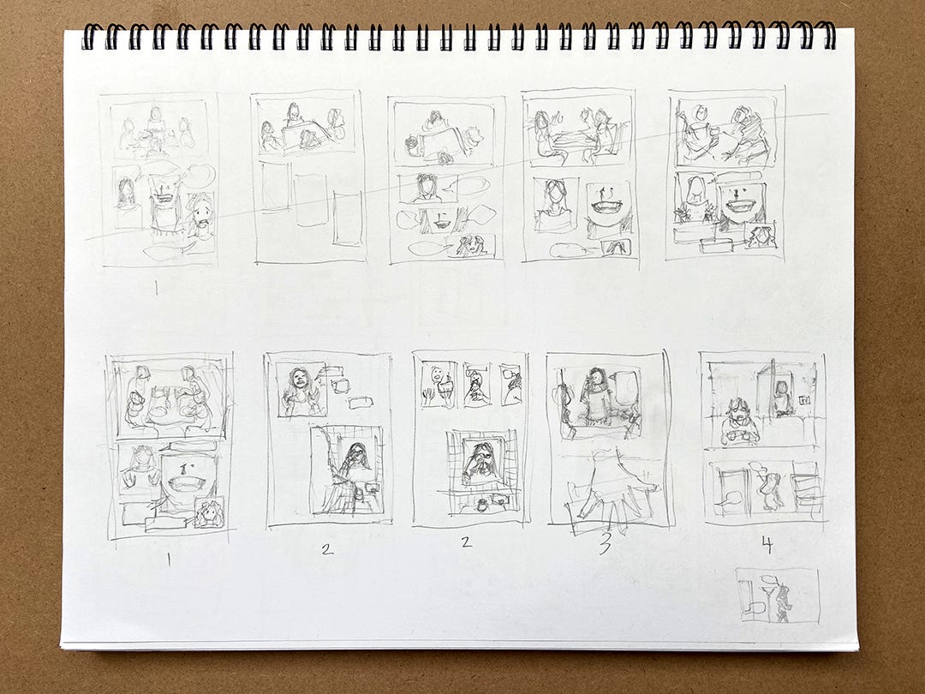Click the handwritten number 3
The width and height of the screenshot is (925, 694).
tap(606, 544)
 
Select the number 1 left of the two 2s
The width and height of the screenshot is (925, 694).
tap(169, 559)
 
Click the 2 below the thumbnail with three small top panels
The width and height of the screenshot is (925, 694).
tap(467, 541)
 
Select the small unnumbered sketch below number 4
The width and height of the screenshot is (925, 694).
tap(778, 595)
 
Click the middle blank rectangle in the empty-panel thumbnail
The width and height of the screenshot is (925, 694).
tap(311, 200)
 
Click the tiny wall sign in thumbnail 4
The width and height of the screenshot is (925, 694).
tap(803, 401)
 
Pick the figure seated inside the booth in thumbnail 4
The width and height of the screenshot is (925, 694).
tap(782, 398)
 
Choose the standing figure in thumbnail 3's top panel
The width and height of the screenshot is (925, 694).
tap(598, 396)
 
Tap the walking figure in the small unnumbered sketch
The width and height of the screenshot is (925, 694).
tap(783, 602)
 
